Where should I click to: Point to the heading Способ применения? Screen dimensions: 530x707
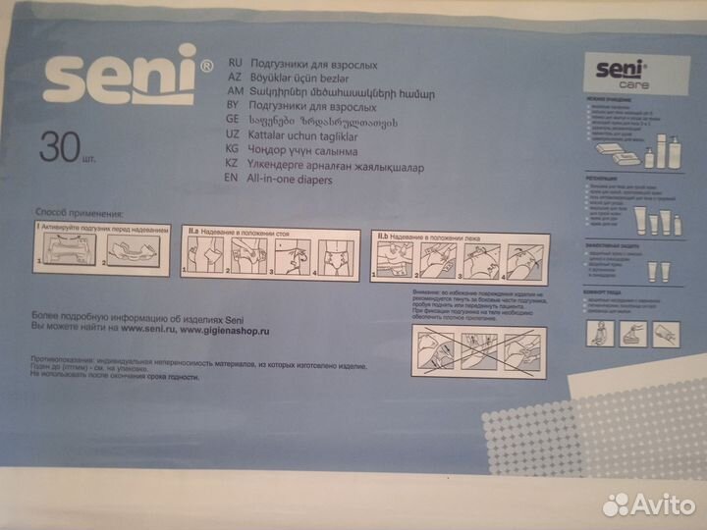[x=79, y=212]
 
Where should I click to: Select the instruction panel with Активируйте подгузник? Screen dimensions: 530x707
[x=96, y=247]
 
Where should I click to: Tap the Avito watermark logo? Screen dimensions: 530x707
[x=647, y=503]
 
